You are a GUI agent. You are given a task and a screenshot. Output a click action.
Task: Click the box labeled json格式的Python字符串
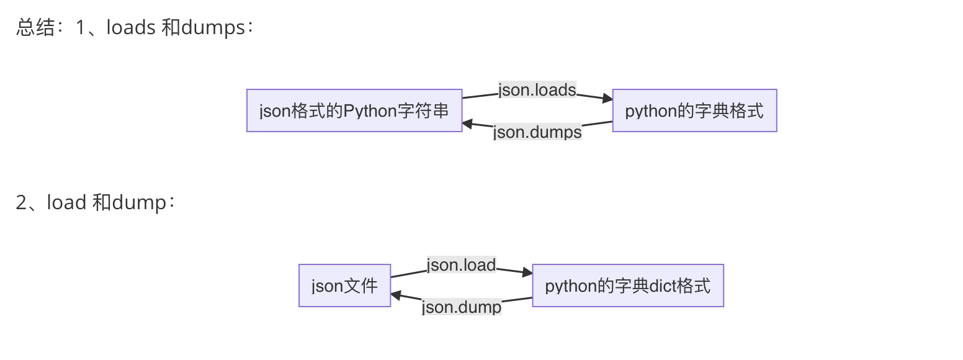[x=354, y=110]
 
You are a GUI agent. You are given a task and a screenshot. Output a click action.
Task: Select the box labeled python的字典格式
[x=694, y=110]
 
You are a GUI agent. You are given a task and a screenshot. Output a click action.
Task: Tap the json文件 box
[x=344, y=286]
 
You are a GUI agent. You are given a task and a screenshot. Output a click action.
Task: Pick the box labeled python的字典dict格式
[x=628, y=286]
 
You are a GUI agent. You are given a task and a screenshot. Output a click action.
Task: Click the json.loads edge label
[x=537, y=90]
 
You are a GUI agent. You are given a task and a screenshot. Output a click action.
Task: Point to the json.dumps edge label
[x=537, y=132]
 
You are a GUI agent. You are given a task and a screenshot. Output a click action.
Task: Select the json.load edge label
[x=461, y=265]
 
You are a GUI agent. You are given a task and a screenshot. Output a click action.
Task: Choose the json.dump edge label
[x=461, y=307]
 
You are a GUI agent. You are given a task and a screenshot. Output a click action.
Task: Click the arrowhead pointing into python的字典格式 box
[x=607, y=98]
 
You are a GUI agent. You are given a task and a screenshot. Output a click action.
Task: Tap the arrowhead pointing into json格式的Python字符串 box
[x=468, y=124]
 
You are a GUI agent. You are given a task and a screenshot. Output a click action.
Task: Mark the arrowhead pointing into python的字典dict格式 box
[x=527, y=272]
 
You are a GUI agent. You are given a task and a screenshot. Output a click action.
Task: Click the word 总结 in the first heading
[x=35, y=28]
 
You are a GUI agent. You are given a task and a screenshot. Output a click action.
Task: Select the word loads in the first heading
[x=131, y=28]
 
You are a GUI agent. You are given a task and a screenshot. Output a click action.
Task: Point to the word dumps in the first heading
[x=213, y=28]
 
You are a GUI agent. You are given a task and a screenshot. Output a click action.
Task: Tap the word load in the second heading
[x=66, y=203]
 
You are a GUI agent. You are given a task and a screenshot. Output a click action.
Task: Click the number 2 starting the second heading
[x=21, y=203]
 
